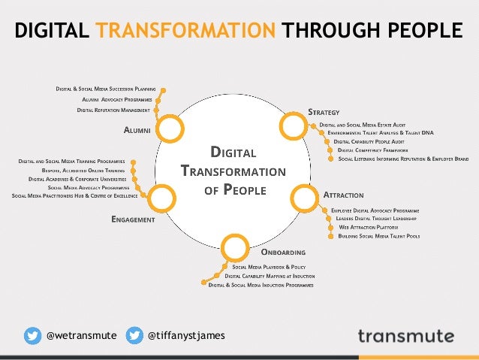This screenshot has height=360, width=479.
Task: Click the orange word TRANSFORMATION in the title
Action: [x=186, y=30]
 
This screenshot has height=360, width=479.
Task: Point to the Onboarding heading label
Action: [x=283, y=253]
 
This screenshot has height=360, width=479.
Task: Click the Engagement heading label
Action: [x=133, y=219]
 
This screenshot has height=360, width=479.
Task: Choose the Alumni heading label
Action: [x=137, y=130]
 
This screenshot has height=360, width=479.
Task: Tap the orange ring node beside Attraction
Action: [x=303, y=198]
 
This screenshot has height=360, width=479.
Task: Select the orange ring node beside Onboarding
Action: [x=235, y=247]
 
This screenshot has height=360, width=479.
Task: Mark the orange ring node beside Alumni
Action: [x=170, y=129]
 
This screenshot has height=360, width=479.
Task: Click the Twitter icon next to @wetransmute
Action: [x=32, y=335]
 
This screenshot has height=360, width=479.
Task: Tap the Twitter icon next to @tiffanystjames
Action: [x=134, y=335]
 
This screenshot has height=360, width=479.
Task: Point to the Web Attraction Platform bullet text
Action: [x=368, y=226]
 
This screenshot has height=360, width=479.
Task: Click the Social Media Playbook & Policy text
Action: [x=269, y=267]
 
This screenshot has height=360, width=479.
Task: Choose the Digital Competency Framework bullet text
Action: [x=372, y=150]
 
